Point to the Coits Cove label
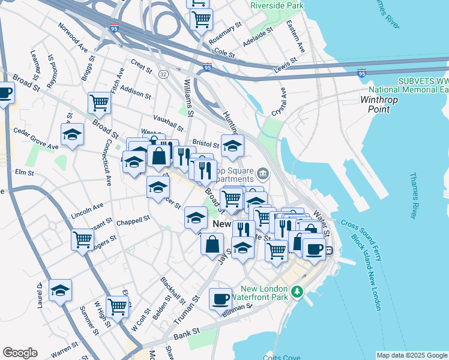coord(283,357)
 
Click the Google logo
coord(20,353)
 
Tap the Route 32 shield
coord(163,74)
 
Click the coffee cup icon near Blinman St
coord(220,298)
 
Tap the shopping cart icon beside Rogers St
coord(82,238)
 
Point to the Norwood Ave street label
coord(73,36)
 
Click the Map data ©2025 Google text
coord(412,355)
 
